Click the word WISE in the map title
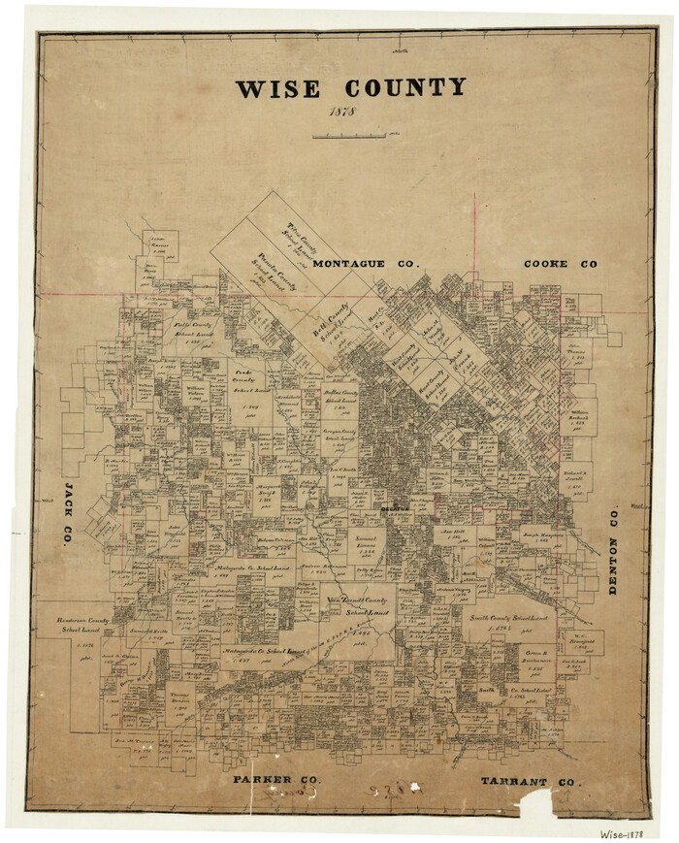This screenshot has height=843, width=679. coord(277,88)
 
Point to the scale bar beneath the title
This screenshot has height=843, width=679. coord(349,136)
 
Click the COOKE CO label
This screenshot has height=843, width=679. coord(560,264)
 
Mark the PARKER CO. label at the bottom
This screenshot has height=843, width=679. coord(275,780)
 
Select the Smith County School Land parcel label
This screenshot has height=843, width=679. coord(509,617)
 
